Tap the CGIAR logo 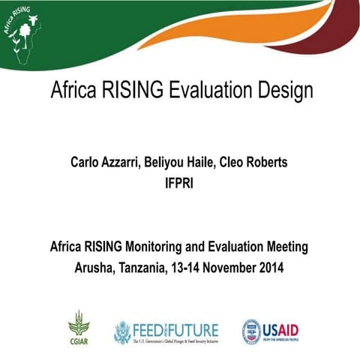79,328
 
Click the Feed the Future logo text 176,328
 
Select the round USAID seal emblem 251,331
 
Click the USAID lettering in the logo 280,328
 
